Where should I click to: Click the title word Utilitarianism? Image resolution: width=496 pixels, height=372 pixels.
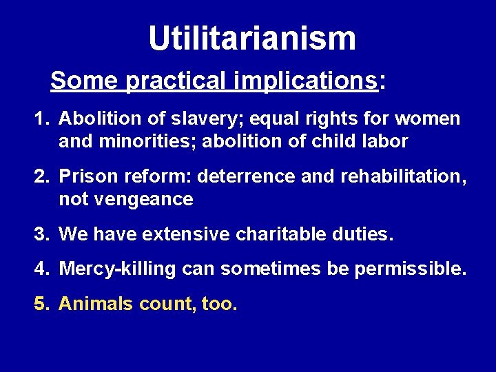coord(252,39)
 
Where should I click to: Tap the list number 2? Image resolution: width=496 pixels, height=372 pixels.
coord(41,177)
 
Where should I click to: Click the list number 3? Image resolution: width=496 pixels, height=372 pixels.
coord(41,235)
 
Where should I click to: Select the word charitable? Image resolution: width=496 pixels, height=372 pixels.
coord(283,235)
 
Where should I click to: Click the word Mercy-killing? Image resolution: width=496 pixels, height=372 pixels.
coord(118,269)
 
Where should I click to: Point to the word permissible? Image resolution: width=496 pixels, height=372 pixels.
coord(410,269)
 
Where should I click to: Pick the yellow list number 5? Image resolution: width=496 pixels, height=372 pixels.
coord(41,304)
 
